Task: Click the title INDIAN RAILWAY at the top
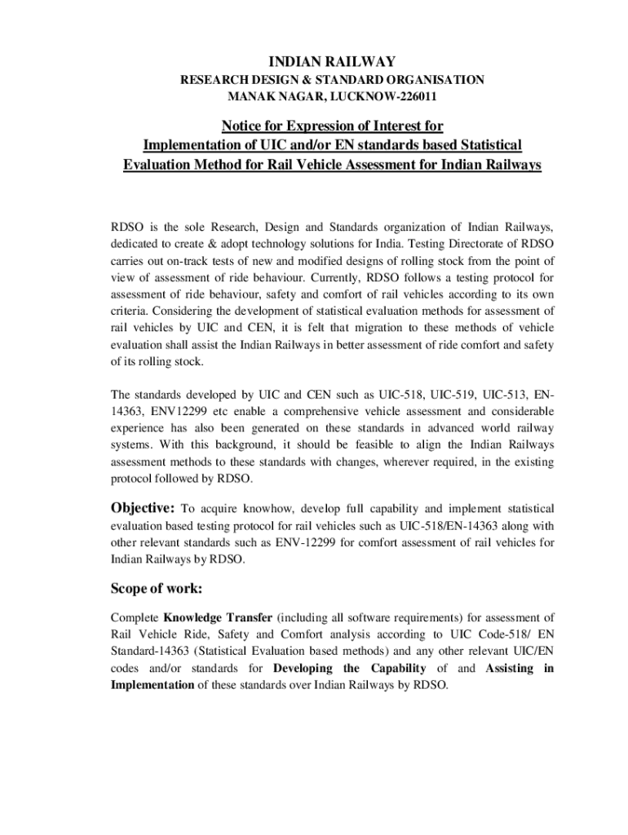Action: pyautogui.click(x=332, y=61)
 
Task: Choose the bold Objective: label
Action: pyautogui.click(x=143, y=508)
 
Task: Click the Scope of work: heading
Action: pyautogui.click(x=157, y=588)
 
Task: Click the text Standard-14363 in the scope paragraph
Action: pyautogui.click(x=147, y=652)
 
